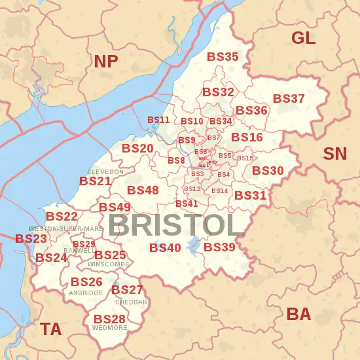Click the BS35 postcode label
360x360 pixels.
[x=223, y=57]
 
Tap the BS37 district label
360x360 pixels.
[x=289, y=99]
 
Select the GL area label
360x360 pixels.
[x=303, y=37]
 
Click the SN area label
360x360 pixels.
[x=335, y=154]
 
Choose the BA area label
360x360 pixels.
[x=298, y=314]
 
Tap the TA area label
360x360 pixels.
[x=51, y=329]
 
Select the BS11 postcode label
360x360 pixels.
[x=158, y=120]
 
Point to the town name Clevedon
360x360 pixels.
[x=105, y=171]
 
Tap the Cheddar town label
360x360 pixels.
[x=131, y=302]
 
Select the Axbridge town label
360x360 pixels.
[x=86, y=293]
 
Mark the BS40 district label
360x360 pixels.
[x=165, y=248]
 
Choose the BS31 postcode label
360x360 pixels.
[x=250, y=196]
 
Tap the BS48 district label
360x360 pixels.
[x=143, y=190]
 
